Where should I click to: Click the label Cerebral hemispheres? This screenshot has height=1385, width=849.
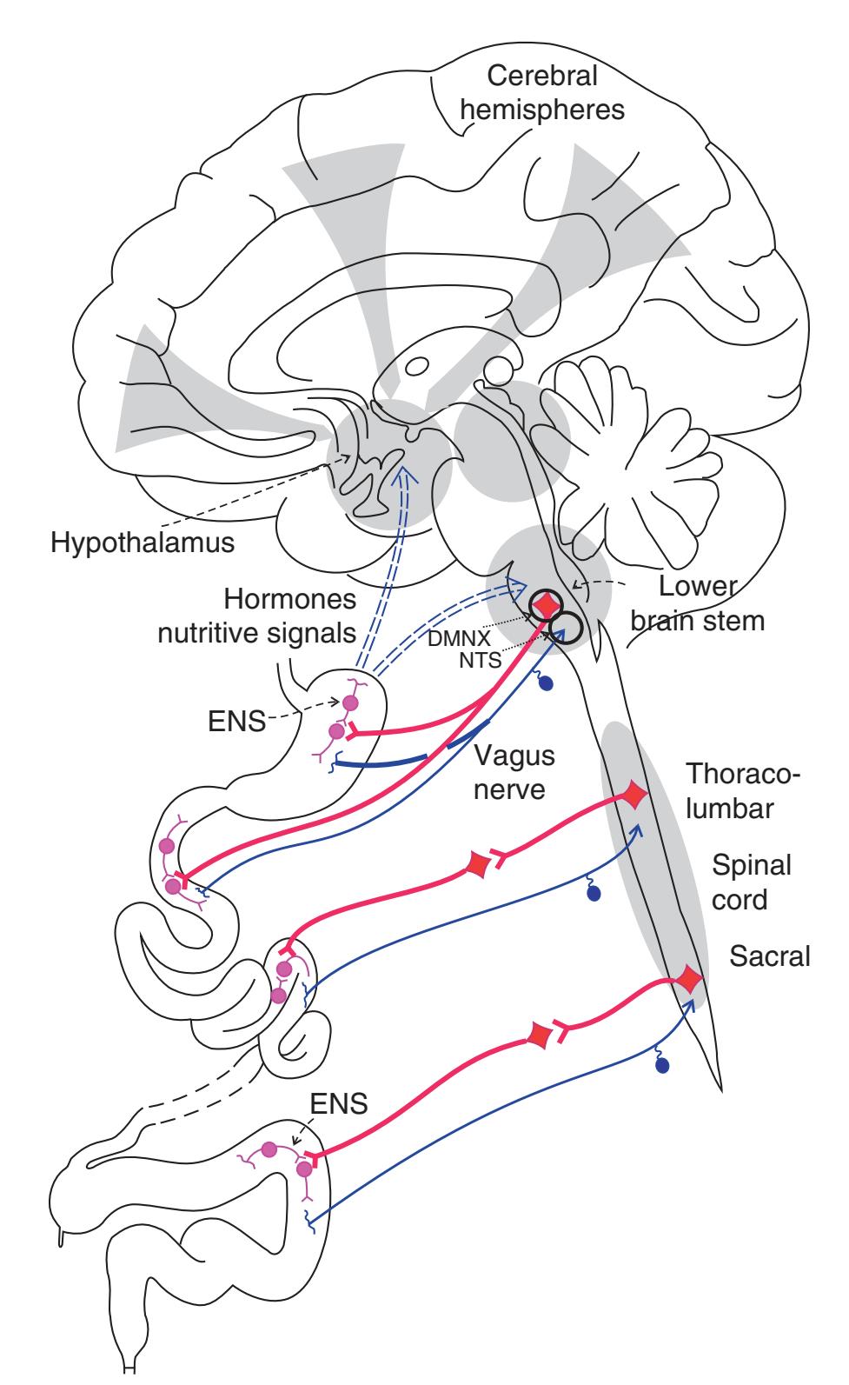(x=542, y=94)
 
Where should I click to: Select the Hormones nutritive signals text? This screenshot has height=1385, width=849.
(x=256, y=616)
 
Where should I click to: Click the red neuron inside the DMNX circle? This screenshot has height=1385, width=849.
(x=547, y=603)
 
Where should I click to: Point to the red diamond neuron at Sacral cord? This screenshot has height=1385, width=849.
(x=688, y=980)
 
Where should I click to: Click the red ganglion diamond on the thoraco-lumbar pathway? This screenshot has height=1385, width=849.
(x=477, y=865)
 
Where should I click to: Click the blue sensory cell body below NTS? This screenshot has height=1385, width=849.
(x=546, y=683)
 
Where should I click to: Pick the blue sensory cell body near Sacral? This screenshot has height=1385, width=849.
(x=664, y=1065)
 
